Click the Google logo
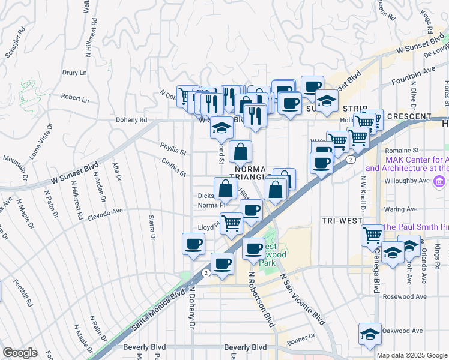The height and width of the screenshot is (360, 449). pos(20,353)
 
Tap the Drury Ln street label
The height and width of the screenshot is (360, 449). pos(74,73)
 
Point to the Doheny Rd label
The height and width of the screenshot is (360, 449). pos(132,119)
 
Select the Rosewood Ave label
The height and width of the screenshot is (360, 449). pos(405,296)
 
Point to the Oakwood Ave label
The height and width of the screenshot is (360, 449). pos(403,330)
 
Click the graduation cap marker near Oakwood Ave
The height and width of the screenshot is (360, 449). pos(370,333)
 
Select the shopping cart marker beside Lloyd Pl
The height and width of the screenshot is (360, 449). pos(231,223)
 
